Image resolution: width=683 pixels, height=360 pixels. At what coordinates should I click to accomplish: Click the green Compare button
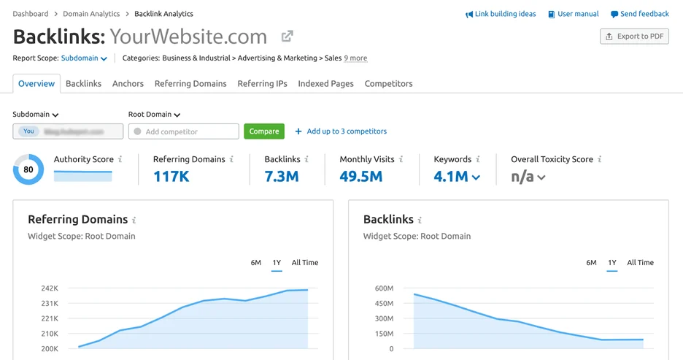click(x=264, y=131)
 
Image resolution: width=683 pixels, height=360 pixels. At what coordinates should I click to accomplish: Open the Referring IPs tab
click(x=262, y=84)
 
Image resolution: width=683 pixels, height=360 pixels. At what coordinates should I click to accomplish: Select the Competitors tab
click(x=388, y=84)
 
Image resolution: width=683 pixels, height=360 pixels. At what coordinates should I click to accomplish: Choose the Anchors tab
click(x=128, y=84)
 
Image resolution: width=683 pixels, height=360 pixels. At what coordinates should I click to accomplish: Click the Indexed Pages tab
click(x=325, y=84)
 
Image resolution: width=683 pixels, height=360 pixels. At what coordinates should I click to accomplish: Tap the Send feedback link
click(x=640, y=14)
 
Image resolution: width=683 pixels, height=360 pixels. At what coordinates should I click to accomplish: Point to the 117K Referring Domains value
click(x=171, y=176)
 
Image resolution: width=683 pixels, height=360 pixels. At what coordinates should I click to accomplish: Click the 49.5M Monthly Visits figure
click(x=361, y=176)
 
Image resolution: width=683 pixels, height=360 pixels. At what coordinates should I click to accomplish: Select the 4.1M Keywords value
click(x=452, y=176)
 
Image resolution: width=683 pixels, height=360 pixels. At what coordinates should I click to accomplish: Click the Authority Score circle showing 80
click(x=28, y=169)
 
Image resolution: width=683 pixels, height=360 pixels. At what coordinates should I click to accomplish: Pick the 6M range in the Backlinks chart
click(x=591, y=263)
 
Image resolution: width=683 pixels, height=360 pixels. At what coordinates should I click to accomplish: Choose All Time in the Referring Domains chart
click(x=305, y=263)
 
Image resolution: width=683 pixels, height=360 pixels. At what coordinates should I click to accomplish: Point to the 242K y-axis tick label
click(x=49, y=288)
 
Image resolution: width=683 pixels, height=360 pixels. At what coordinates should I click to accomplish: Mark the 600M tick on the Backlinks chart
click(x=384, y=288)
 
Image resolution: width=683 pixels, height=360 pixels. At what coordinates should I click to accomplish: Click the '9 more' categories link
click(x=355, y=58)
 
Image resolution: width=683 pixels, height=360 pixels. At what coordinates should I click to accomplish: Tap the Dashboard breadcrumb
click(x=31, y=14)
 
